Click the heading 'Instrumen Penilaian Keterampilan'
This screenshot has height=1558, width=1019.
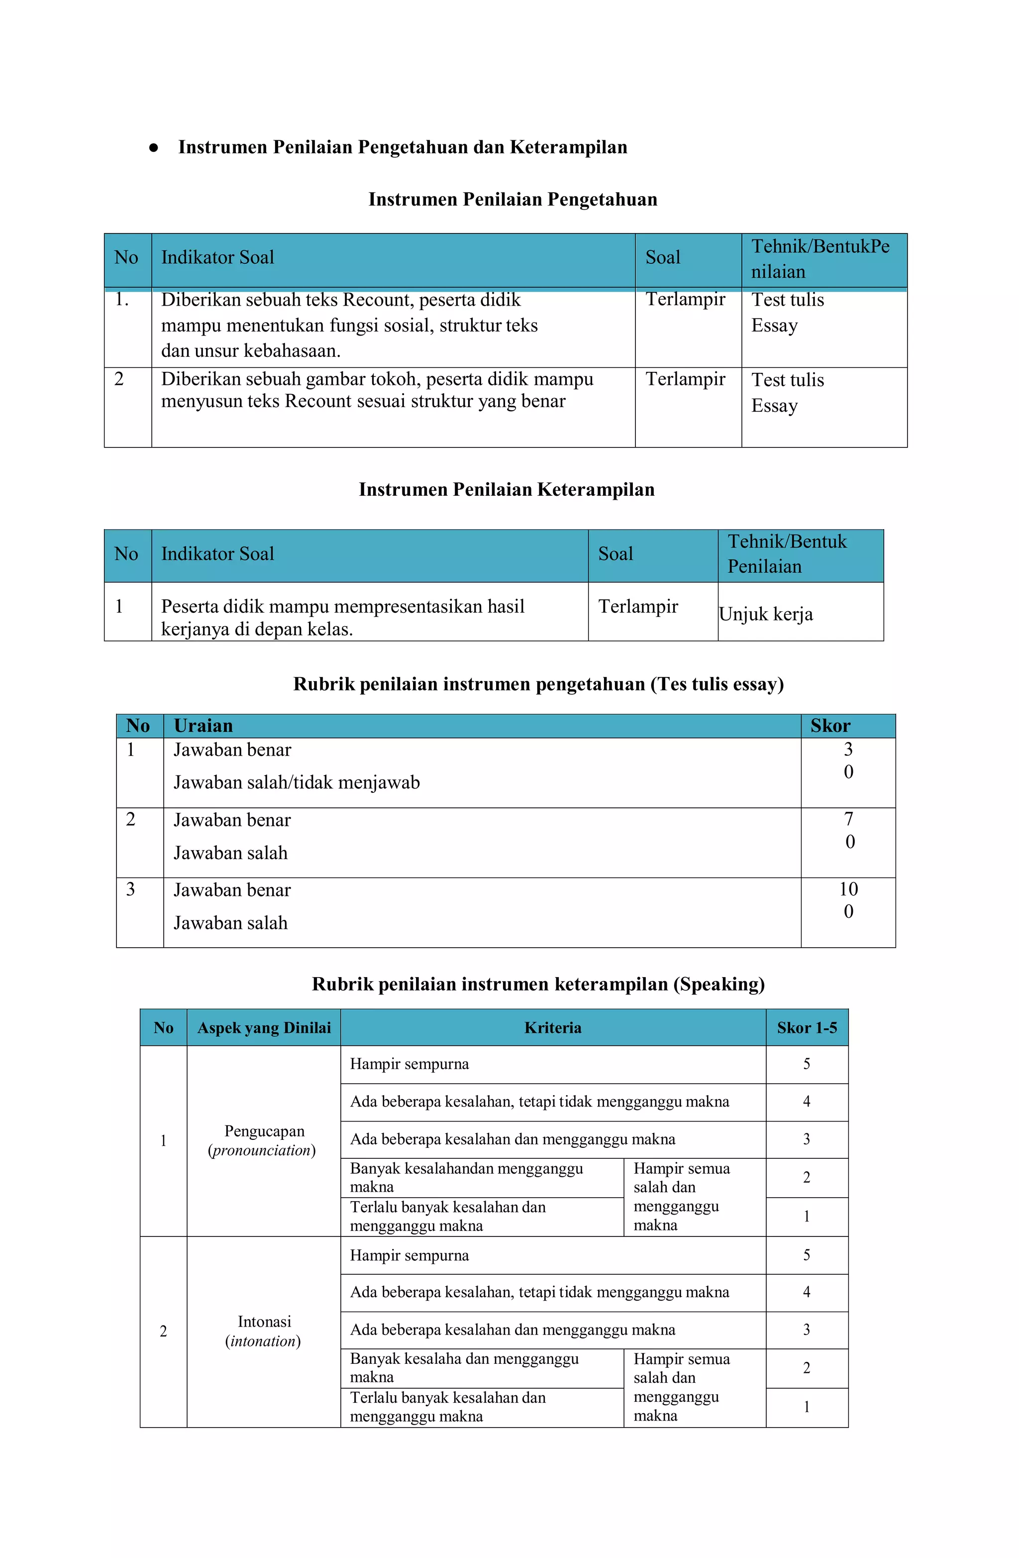pyautogui.click(x=506, y=490)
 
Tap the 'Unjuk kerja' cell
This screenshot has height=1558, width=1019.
pyautogui.click(x=766, y=614)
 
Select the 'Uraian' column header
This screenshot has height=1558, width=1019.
pyautogui.click(x=203, y=726)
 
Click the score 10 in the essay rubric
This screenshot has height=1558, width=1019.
pyautogui.click(x=848, y=889)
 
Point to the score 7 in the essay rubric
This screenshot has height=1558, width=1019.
pyautogui.click(x=849, y=819)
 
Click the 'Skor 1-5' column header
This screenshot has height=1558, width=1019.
pyautogui.click(x=807, y=1028)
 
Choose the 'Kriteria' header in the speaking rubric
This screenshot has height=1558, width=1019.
pyautogui.click(x=552, y=1028)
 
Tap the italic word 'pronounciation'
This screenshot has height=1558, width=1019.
pyautogui.click(x=262, y=1150)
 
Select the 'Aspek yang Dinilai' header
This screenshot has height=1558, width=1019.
pyautogui.click(x=264, y=1028)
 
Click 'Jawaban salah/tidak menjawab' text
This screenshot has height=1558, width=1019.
pyautogui.click(x=297, y=783)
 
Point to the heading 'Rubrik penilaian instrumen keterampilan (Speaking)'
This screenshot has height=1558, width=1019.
pyautogui.click(x=538, y=985)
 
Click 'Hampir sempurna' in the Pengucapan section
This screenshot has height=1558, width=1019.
pyautogui.click(x=409, y=1064)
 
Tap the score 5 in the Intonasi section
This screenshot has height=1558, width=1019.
pyautogui.click(x=807, y=1255)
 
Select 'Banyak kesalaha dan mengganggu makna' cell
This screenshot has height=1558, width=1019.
pyautogui.click(x=464, y=1367)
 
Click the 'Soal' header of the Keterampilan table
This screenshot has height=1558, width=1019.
pyautogui.click(x=615, y=555)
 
